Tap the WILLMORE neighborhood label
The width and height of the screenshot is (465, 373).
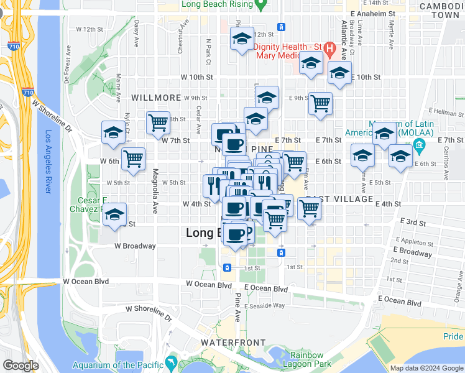[156, 98]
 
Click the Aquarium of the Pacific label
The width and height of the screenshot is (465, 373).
[116, 366]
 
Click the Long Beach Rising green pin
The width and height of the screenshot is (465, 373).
[262, 5]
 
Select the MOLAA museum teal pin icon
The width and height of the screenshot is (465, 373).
[418, 147]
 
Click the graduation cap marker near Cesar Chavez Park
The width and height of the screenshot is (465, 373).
[114, 214]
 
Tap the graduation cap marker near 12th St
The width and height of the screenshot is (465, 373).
[241, 39]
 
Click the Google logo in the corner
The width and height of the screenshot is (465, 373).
[21, 366]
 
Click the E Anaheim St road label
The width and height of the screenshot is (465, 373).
[373, 13]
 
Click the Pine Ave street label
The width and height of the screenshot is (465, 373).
[237, 308]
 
